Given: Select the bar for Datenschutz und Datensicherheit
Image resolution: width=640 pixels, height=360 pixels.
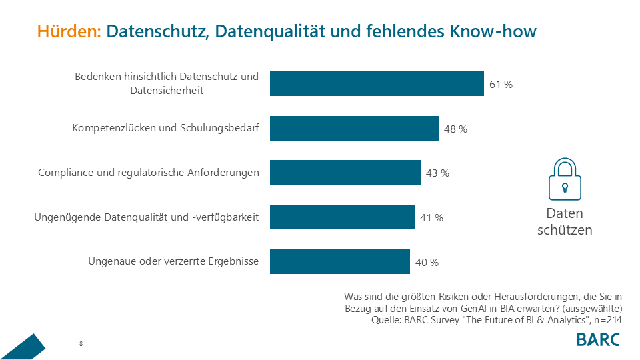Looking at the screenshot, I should tap(377, 84).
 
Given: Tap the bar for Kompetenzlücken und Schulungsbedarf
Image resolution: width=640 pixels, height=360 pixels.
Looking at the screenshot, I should tap(354, 128).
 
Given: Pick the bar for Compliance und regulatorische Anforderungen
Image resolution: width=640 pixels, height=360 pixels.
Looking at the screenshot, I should tap(345, 172).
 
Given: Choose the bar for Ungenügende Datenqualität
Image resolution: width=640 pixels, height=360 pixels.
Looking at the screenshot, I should tap(342, 217).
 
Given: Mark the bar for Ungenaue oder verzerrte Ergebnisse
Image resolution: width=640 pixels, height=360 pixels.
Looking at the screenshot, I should tap(340, 261).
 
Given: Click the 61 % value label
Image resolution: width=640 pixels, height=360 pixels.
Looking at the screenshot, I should tap(501, 85).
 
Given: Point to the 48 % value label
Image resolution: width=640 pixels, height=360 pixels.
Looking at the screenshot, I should tap(455, 129).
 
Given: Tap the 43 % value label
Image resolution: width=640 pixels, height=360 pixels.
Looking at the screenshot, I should tap(437, 173).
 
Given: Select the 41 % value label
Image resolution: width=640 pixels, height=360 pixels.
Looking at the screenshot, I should tap(431, 217).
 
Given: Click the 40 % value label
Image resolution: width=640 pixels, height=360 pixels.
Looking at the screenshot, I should tap(427, 262).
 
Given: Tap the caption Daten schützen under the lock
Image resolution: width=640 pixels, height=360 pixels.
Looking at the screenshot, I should tap(565, 222).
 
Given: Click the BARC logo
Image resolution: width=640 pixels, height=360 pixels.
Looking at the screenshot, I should tap(598, 339).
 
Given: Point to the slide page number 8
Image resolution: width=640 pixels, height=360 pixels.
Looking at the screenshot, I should tap(81, 344).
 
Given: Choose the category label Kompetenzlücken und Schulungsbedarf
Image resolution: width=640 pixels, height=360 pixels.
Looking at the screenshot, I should tap(165, 128).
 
